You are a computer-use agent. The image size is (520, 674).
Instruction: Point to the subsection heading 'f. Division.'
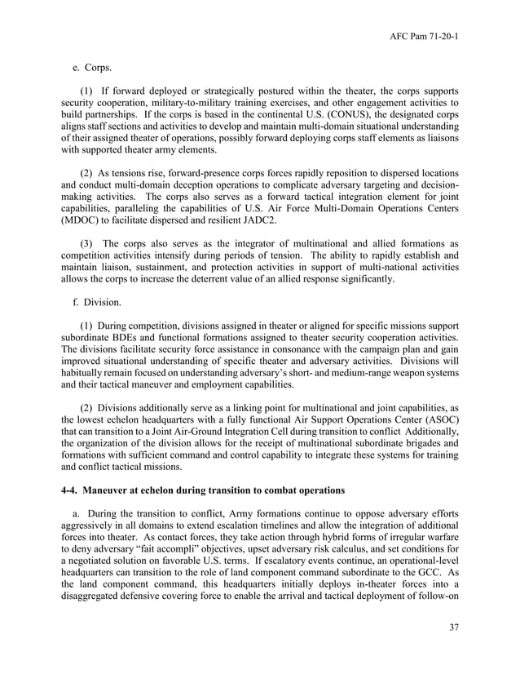[98, 302]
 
